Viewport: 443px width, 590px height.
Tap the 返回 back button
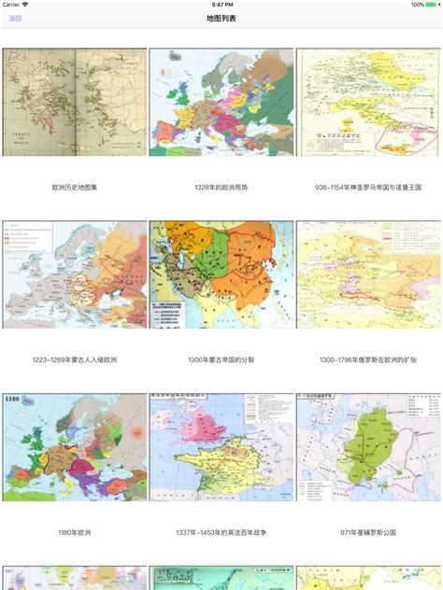coord(15,19)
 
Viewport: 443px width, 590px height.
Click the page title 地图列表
coord(221,19)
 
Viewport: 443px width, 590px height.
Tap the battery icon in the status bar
coord(431,5)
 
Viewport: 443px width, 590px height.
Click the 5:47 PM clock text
coord(221,5)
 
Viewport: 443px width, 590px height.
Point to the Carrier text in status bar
coord(14,5)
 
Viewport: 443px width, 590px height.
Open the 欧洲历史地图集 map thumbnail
coord(75,102)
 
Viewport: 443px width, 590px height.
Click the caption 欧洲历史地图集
coord(75,187)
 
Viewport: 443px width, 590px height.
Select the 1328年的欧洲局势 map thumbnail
coord(221,102)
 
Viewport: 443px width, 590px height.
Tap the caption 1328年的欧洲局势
coord(221,187)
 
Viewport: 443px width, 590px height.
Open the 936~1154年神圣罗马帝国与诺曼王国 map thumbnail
coord(369,102)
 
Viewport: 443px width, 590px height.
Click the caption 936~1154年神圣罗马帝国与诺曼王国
coord(369,187)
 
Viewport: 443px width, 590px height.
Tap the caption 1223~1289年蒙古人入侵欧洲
coord(75,359)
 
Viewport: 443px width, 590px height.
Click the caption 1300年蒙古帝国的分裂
coord(221,359)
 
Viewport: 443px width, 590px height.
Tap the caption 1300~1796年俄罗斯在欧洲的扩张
coord(369,359)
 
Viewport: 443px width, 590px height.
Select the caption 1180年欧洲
coord(75,531)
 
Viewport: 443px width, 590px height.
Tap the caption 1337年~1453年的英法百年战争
coord(221,531)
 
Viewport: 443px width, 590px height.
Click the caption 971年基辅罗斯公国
coord(369,531)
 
